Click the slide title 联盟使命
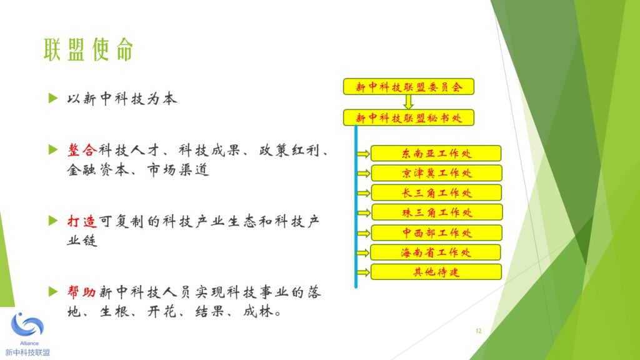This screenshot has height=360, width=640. [89, 49]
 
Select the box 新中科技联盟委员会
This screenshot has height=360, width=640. [409, 86]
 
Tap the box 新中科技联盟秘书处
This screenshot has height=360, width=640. [409, 117]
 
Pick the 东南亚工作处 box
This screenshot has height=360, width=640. [436, 154]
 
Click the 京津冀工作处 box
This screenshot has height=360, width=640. [436, 173]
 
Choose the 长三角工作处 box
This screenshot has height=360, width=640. [436, 192]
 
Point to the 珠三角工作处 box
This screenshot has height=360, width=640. [437, 212]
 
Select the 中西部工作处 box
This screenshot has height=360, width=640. [437, 232]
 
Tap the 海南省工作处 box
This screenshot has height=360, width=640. [436, 252]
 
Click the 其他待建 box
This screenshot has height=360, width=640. [436, 272]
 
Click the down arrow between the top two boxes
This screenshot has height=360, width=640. [408, 102]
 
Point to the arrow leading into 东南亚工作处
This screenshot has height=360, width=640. [363, 154]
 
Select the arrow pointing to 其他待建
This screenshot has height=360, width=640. [363, 272]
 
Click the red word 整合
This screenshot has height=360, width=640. [82, 150]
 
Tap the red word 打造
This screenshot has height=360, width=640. [82, 221]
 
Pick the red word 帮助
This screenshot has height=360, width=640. [82, 292]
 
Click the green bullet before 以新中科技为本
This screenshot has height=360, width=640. [53, 98]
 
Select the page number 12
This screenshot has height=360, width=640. [478, 331]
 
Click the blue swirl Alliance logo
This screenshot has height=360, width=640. [27, 325]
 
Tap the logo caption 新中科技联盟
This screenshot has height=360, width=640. [27, 352]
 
